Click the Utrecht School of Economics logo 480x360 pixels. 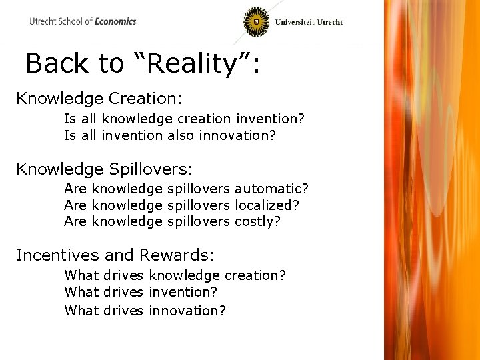[x=82, y=21]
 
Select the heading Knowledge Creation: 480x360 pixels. [x=99, y=99]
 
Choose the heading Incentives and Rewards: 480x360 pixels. [x=115, y=255]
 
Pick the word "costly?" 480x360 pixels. [x=257, y=221]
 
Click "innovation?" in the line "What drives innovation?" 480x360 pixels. [x=187, y=310]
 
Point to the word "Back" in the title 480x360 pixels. [x=57, y=64]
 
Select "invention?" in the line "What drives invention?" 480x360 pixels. [x=183, y=292]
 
